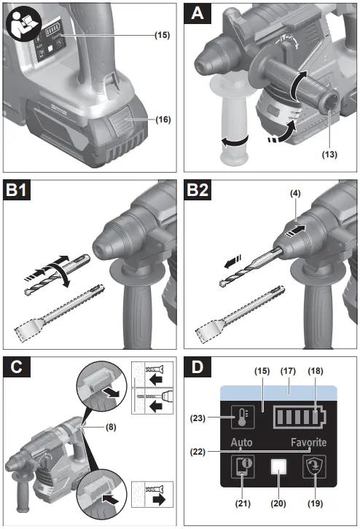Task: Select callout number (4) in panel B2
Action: click(x=295, y=195)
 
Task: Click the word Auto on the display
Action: click(x=243, y=443)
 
